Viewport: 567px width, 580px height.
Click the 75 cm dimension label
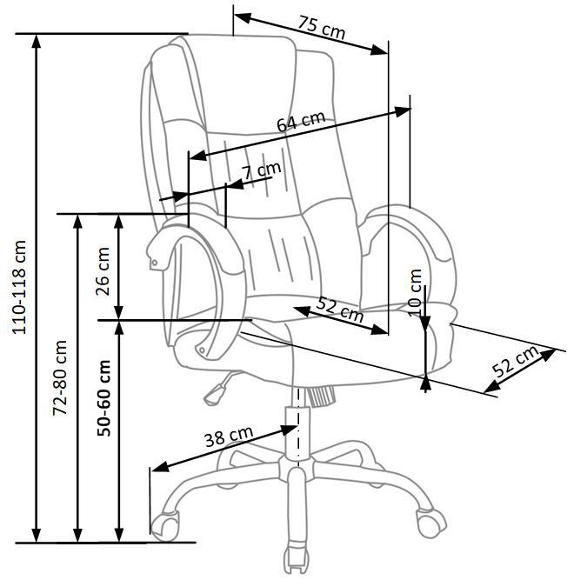click(321, 28)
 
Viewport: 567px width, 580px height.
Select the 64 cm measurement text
click(300, 121)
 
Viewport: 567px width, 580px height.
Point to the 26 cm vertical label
click(103, 271)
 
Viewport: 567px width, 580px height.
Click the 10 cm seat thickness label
click(415, 292)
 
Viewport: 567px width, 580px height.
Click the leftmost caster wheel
click(164, 523)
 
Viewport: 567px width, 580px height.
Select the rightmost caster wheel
click(428, 523)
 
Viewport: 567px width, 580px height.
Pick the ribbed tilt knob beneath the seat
click(322, 396)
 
